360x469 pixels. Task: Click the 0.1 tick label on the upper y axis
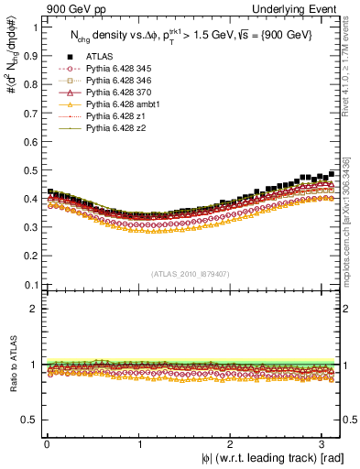[x=30, y=284]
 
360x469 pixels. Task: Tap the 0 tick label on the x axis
[x=47, y=444]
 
